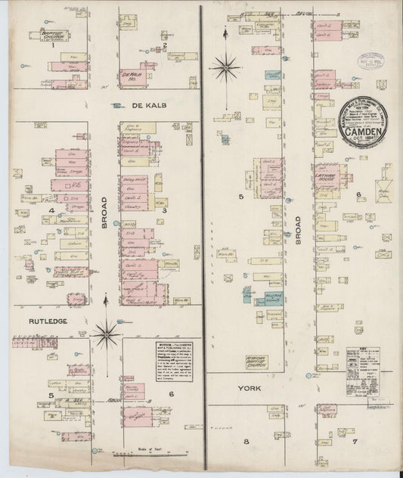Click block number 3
coord(164,210)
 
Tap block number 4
coord(51,210)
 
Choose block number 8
coord(246,439)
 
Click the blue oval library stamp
coord(372,61)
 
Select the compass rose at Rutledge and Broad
coord(107,330)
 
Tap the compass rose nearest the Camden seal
coord(225,70)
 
